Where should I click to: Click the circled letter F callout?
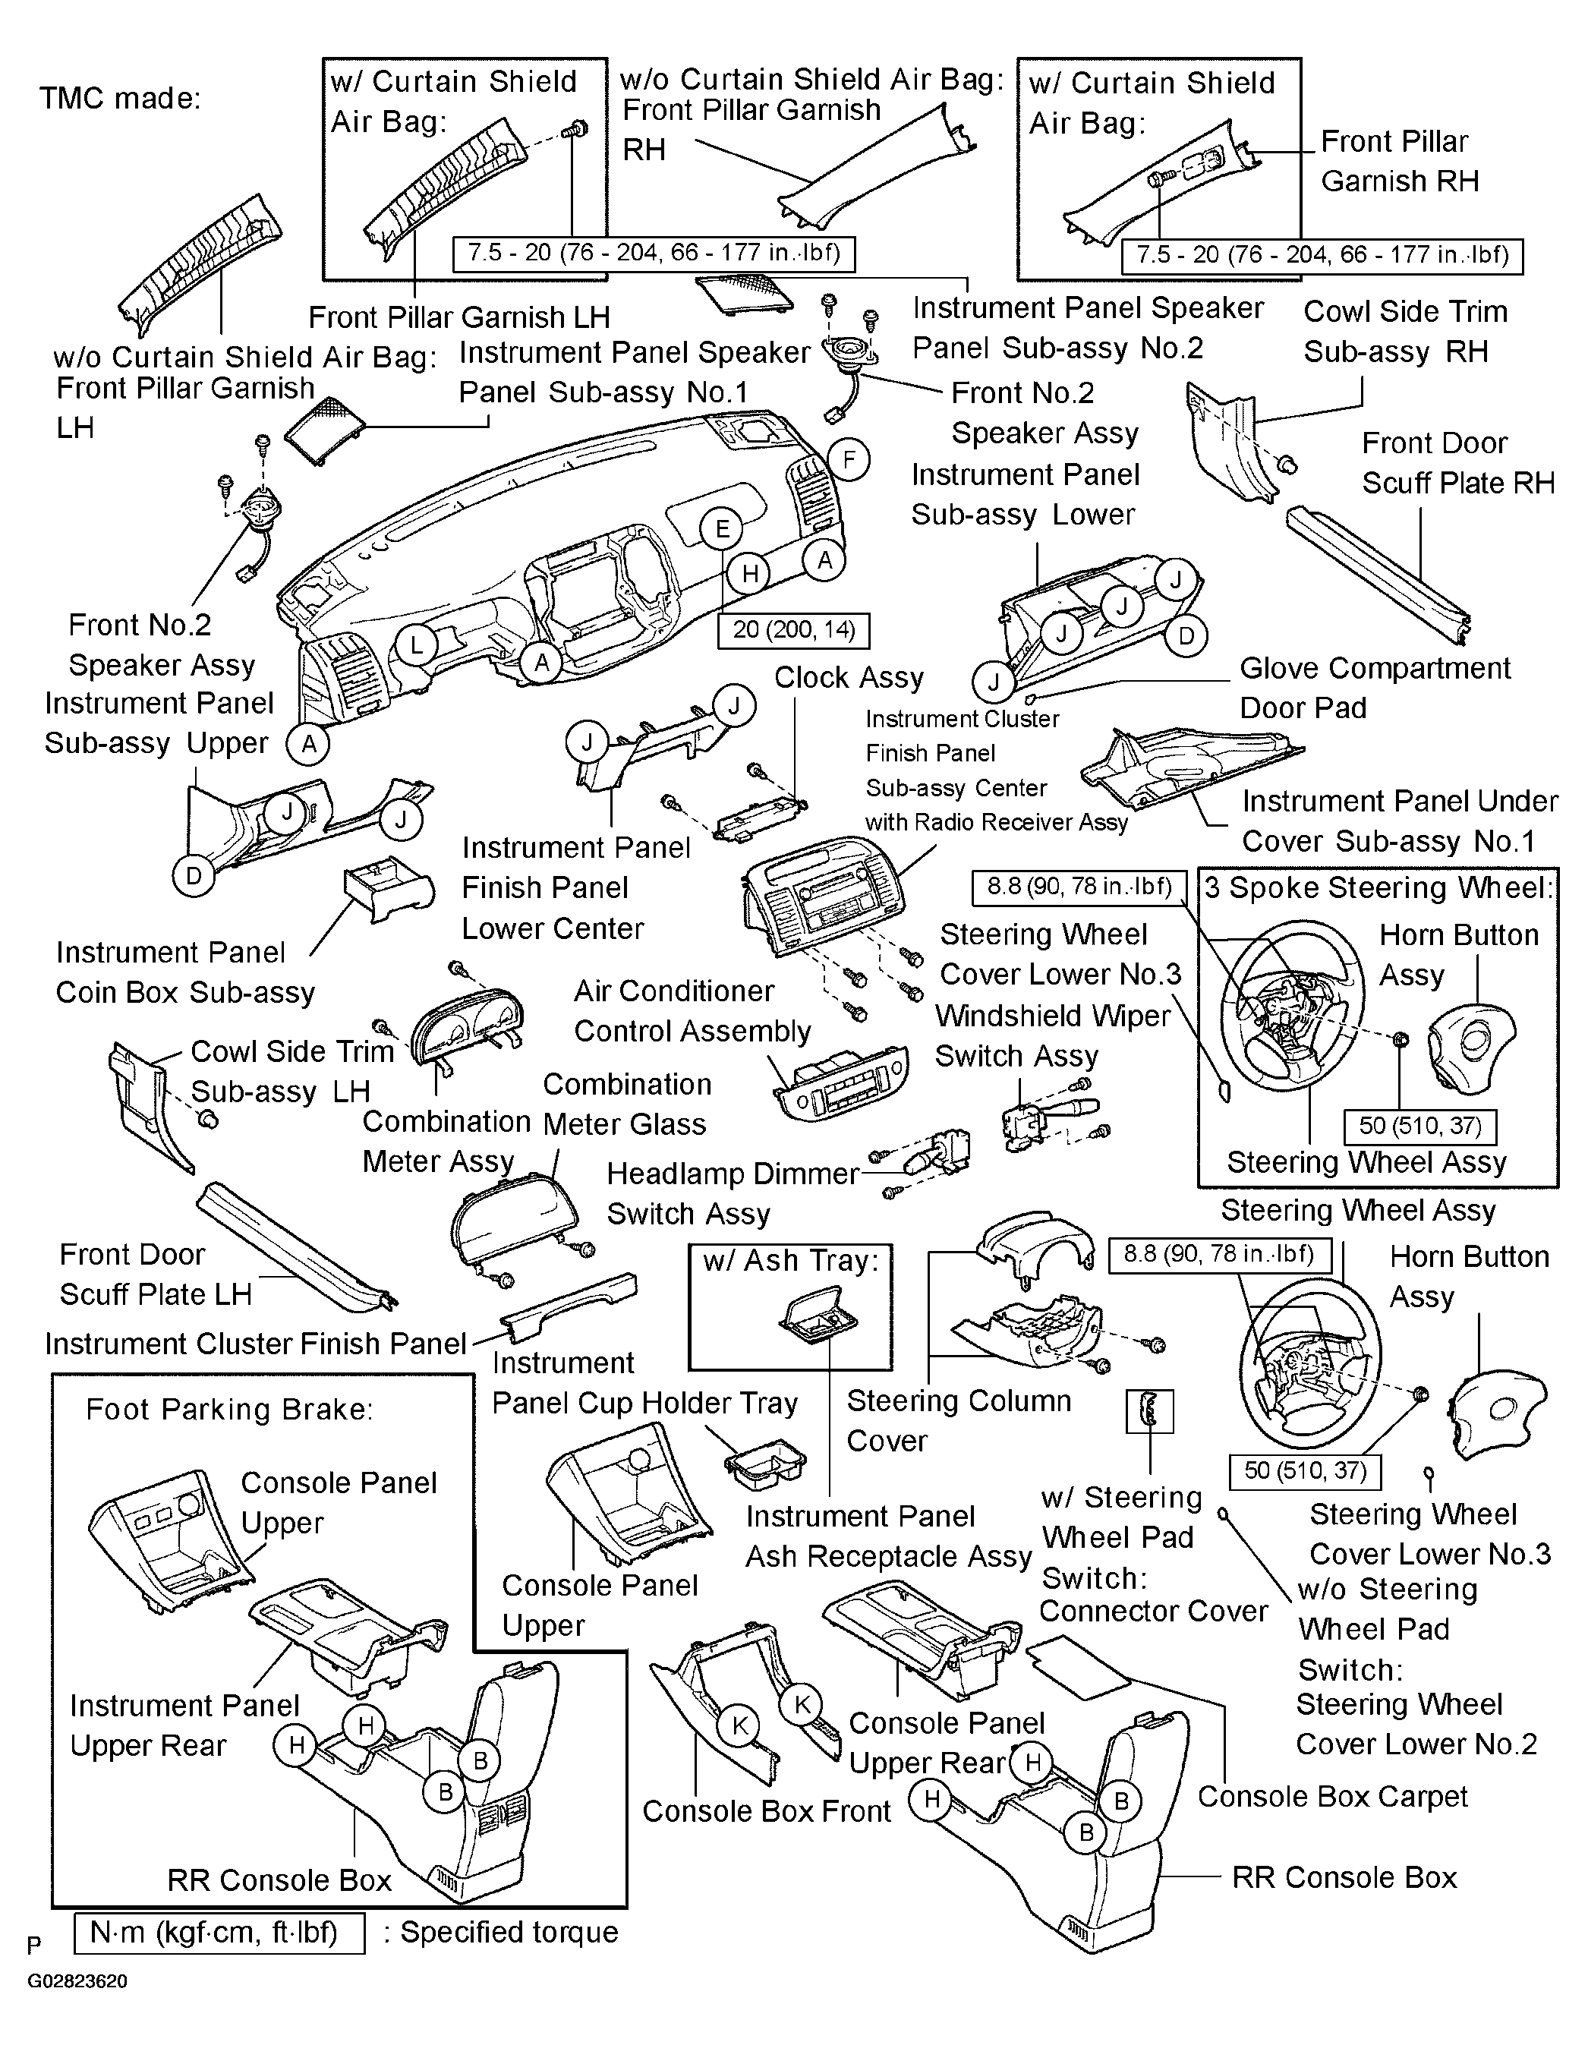[x=849, y=460]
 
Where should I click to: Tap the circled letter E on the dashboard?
[x=722, y=529]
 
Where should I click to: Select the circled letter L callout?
[x=417, y=645]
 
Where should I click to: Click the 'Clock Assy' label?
[x=849, y=677]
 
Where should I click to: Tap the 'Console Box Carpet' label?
[x=1332, y=1796]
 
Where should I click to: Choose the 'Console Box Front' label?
[x=766, y=1811]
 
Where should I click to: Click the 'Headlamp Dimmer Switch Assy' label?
[x=733, y=1194]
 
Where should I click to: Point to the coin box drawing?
[x=386, y=889]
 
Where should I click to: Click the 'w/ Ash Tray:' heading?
[x=791, y=1262]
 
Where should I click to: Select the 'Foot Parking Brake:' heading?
[x=229, y=1409]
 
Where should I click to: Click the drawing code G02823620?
[x=77, y=1981]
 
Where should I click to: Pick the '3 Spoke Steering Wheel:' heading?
[x=1378, y=887]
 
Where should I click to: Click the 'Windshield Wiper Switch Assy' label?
[x=1052, y=1035]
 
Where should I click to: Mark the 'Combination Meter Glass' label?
[x=625, y=1104]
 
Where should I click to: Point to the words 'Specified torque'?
[x=509, y=1933]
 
